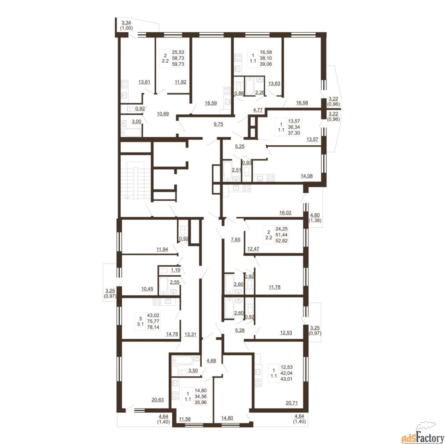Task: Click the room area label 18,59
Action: tap(211, 103)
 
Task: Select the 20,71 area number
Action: tap(292, 409)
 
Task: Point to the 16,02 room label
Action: tap(285, 213)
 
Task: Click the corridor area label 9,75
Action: tap(218, 124)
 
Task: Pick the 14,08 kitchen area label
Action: tap(306, 176)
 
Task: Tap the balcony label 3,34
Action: tap(126, 23)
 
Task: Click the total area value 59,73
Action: tap(178, 64)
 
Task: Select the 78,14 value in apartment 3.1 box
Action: tap(153, 327)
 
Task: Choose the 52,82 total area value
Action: tap(282, 241)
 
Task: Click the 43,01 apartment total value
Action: tap(286, 379)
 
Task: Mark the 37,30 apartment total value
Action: tap(294, 133)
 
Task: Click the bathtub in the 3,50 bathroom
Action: tap(183, 360)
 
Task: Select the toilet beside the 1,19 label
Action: tap(164, 270)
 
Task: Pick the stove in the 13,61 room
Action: tap(125, 84)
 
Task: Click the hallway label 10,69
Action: tap(163, 114)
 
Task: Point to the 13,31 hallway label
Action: tap(190, 334)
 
